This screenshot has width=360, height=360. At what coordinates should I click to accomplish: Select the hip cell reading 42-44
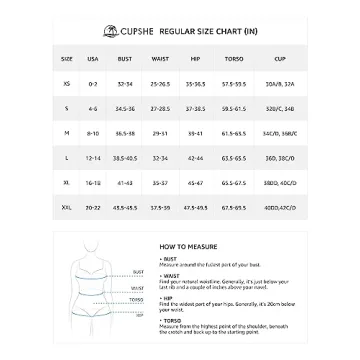[194, 158]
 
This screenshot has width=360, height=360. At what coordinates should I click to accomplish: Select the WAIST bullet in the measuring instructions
[169, 275]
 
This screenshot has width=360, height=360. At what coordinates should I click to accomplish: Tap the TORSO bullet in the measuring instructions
[170, 321]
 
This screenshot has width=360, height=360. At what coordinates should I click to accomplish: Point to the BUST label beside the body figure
[137, 271]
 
